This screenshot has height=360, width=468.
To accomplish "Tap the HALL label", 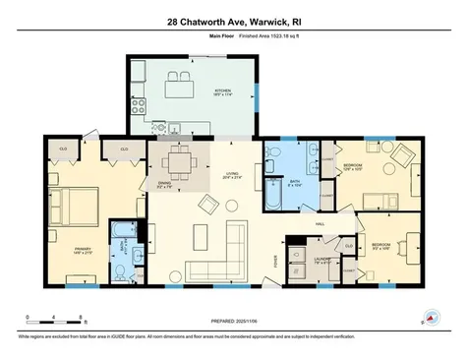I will click(321, 224).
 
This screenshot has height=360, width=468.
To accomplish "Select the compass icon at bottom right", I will click(430, 317).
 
